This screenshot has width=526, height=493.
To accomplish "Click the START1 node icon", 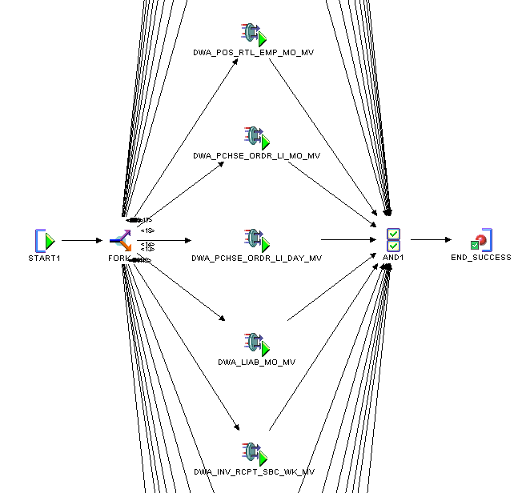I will tap(46, 240).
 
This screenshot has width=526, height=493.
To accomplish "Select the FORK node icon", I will tap(121, 240).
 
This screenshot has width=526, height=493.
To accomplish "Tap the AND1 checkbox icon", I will tap(393, 240).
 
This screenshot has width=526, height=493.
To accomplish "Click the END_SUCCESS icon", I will tap(480, 240).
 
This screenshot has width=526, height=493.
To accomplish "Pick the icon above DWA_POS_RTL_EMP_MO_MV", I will tap(255, 34).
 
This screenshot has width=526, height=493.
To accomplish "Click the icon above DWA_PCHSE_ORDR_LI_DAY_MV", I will tap(255, 240).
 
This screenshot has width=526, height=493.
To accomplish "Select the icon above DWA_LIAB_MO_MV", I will tap(255, 344).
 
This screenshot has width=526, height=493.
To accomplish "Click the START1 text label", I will tap(44, 258).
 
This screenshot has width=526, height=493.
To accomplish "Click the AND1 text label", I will tap(393, 258).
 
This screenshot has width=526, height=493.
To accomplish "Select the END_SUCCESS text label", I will tap(480, 258).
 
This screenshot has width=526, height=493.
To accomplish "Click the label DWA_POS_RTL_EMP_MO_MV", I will tap(253, 52).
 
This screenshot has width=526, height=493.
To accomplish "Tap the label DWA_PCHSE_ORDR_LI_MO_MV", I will tap(256, 155).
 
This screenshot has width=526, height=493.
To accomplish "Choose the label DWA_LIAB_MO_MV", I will tap(256, 363).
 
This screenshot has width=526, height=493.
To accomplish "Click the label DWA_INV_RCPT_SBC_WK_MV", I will tap(254, 472).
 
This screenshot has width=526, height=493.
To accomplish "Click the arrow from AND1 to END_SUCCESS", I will tap(430, 239).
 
